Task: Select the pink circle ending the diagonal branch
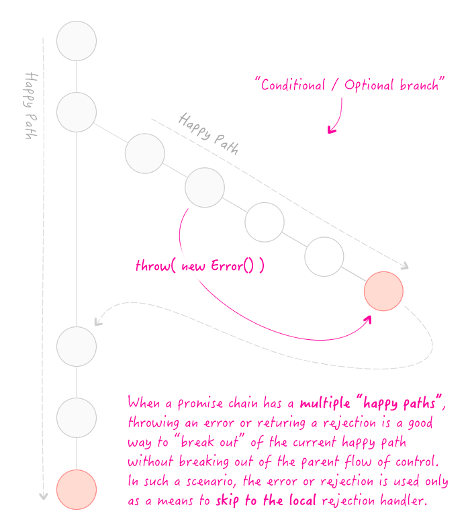click(383, 291)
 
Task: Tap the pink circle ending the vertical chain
click(77, 490)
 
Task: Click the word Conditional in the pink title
click(293, 85)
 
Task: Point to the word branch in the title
click(419, 85)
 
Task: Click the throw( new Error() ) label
click(199, 265)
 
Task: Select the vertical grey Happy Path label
click(31, 105)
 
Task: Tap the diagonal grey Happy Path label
click(209, 134)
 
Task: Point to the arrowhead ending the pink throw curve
click(368, 320)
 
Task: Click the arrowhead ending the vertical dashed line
click(43, 496)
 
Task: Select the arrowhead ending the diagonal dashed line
click(405, 267)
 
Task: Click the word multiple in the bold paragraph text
click(325, 404)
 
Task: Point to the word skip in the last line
click(228, 501)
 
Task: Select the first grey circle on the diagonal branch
click(145, 153)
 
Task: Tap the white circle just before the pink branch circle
click(324, 257)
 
